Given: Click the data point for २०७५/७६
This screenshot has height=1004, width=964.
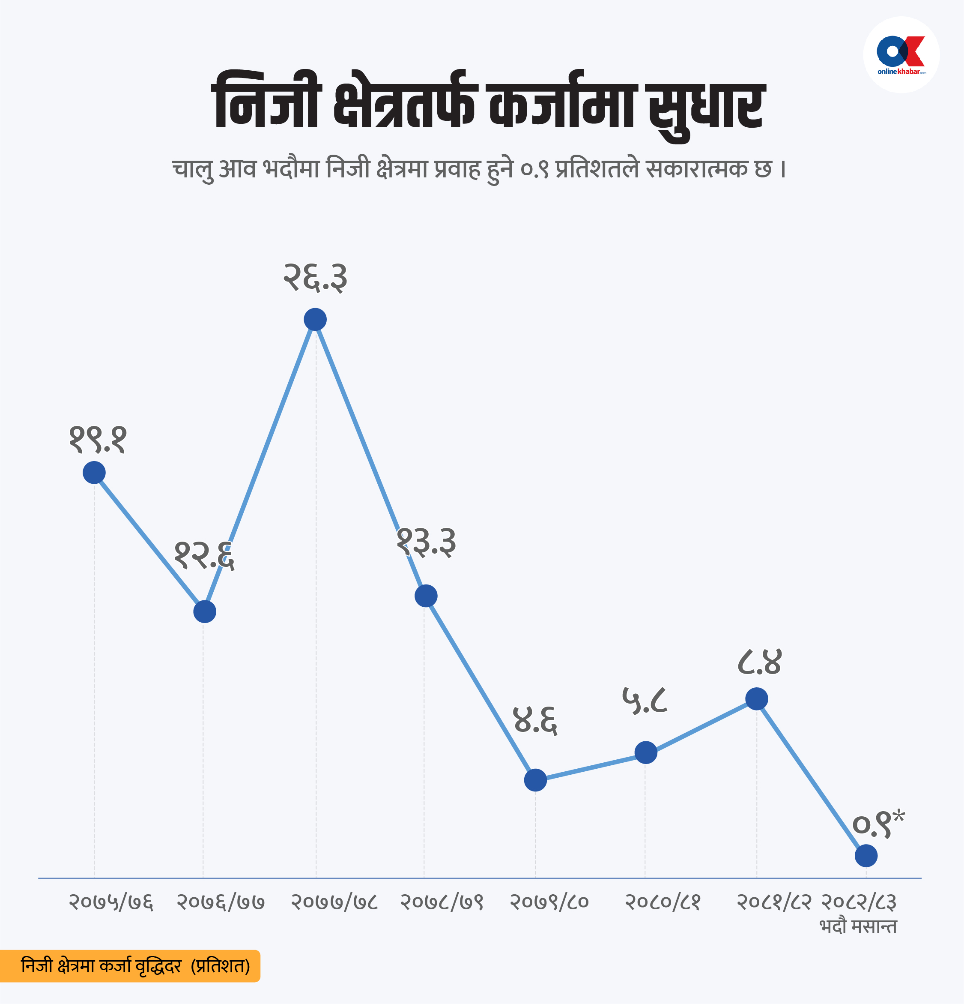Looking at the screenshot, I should [94, 472].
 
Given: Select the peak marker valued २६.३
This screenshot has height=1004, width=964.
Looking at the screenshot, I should [315, 320].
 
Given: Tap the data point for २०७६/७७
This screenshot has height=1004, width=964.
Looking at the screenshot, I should [205, 611].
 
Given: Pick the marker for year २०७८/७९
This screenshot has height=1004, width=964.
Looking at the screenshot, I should [426, 596].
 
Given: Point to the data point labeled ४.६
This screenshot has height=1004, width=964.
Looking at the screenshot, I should [535, 780].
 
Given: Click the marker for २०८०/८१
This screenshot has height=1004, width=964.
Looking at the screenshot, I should [646, 752].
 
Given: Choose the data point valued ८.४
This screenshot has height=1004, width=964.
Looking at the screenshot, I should [757, 699].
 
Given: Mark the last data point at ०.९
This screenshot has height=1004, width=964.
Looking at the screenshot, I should [866, 856].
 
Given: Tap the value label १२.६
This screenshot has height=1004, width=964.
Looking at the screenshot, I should [204, 555].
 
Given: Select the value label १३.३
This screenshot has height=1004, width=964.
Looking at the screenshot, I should [426, 542].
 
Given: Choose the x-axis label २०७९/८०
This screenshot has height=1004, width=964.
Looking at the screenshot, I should [549, 902].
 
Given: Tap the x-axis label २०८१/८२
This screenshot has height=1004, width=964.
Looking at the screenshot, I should [773, 902].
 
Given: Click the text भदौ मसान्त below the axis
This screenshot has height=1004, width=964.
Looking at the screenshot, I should [858, 926].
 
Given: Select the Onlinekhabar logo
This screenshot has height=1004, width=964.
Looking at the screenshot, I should [901, 55].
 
